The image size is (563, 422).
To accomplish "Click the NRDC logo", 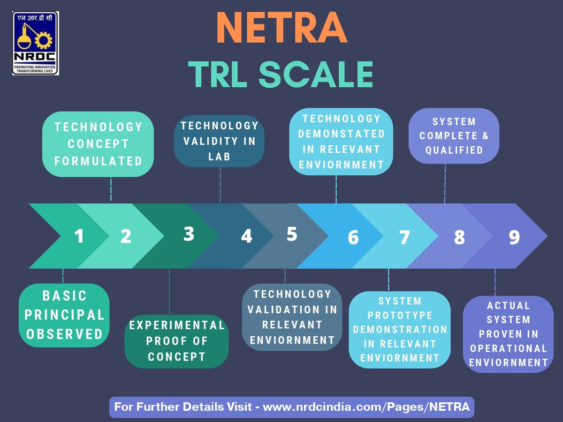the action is click(36, 43).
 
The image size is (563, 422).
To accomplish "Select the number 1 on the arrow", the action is click(79, 236).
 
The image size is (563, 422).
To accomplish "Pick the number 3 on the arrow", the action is click(189, 234).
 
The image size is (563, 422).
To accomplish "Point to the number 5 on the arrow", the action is click(292, 234).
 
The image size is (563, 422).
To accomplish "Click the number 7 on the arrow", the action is click(404, 238).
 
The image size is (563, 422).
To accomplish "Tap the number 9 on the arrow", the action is click(514, 238).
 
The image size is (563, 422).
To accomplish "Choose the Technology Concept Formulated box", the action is click(98, 144).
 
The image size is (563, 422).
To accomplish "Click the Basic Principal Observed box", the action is click(64, 315).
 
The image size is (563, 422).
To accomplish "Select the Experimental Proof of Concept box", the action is click(176, 341).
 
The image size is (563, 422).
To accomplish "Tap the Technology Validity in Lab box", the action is click(220, 141).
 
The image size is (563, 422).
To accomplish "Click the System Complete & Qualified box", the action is click(454, 136).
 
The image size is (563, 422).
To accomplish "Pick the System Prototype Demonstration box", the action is click(400, 329).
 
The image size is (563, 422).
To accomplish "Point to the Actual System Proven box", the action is click(508, 334).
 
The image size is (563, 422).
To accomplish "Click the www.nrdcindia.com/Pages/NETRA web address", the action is click(366, 407).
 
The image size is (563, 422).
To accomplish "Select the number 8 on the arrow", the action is click(459, 238).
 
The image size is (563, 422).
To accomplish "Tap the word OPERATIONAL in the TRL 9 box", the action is click(509, 348).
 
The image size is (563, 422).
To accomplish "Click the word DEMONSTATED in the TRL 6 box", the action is click(341, 134).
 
